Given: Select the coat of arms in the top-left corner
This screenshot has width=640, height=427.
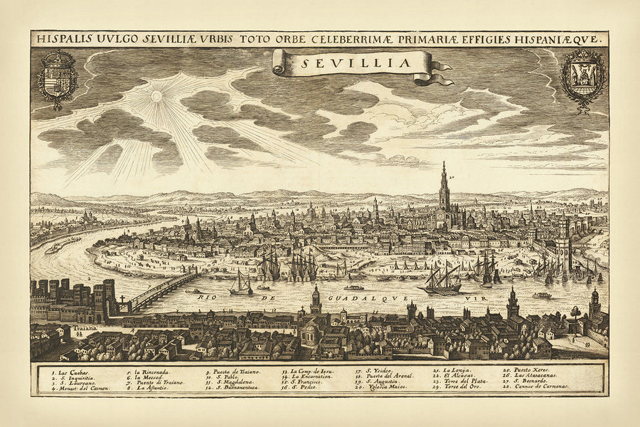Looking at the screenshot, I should (58, 76).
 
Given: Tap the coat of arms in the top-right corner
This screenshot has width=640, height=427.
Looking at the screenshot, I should (582, 76).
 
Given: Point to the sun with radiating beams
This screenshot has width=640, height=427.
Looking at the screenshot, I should (156, 95).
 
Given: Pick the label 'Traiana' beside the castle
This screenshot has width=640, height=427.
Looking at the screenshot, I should (83, 330).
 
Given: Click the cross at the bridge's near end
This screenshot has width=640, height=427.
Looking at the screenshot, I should (122, 300).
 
